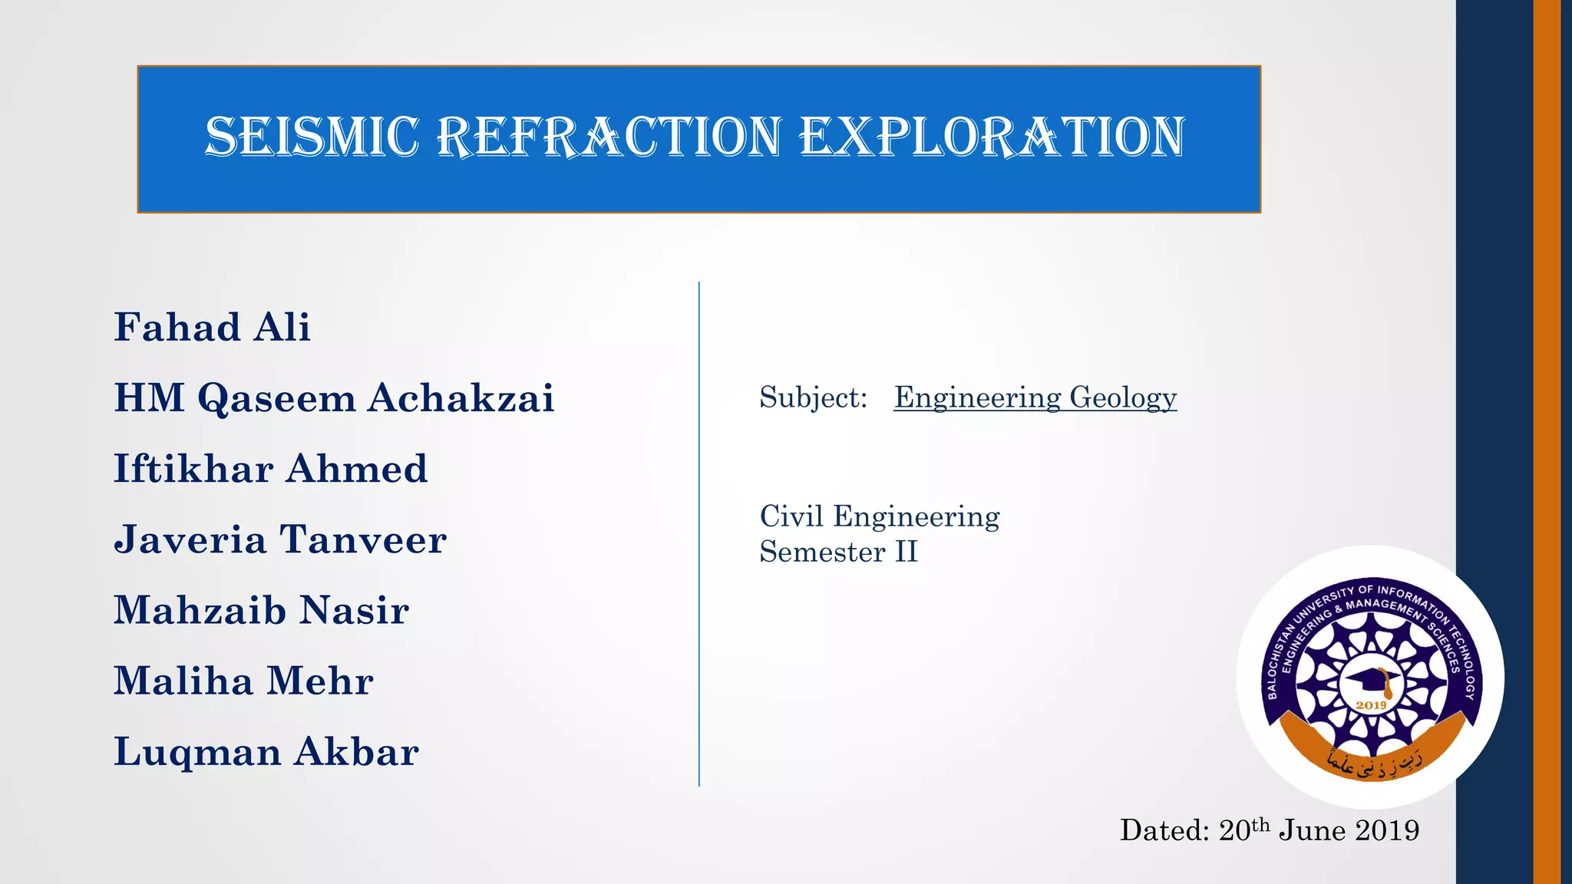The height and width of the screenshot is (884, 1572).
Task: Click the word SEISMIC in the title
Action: click(x=312, y=137)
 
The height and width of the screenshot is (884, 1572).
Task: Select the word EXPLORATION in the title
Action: click(x=992, y=137)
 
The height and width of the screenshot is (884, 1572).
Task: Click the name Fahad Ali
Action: click(x=212, y=328)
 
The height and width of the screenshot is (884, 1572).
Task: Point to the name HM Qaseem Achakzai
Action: click(x=334, y=398)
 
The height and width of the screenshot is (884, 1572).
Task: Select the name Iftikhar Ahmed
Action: click(x=270, y=469)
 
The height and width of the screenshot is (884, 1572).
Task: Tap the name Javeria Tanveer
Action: click(x=280, y=539)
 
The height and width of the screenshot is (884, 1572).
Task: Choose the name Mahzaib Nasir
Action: click(x=261, y=611)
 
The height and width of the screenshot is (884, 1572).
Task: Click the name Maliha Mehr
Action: click(x=243, y=681)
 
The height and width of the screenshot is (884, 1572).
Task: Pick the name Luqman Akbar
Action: click(x=266, y=752)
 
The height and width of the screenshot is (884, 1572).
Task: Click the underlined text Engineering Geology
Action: click(x=1035, y=397)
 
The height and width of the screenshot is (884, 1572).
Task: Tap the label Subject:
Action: click(x=813, y=397)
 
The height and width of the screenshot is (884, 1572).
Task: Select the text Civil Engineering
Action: click(x=880, y=516)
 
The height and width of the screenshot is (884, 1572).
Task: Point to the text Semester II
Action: click(x=838, y=552)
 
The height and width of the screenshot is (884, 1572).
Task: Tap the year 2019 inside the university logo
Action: click(x=1371, y=705)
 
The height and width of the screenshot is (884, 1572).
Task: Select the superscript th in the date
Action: click(x=1260, y=824)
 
